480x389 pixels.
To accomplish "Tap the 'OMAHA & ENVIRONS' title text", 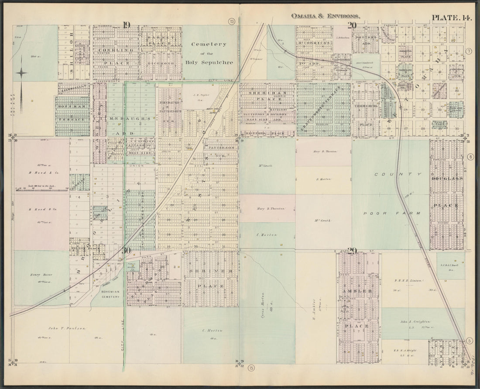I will (x=326, y=16).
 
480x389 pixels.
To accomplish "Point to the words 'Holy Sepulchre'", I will (x=211, y=62).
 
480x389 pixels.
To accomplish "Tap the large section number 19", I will (x=127, y=25).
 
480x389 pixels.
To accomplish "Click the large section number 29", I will (x=352, y=251).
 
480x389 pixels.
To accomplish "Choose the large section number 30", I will (x=126, y=250).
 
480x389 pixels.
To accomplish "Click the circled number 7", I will (x=469, y=52).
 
